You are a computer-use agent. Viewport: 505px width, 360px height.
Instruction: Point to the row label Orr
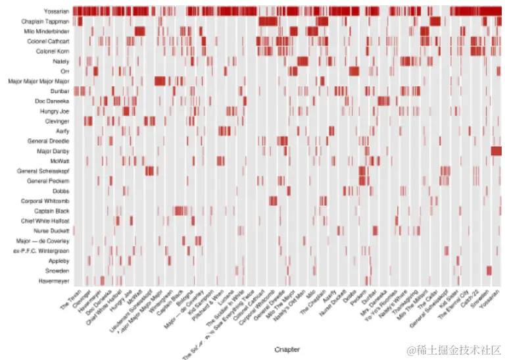click(64, 72)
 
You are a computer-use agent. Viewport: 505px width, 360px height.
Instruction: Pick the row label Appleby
click(59, 261)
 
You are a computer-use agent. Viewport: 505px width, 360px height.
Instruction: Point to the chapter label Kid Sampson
click(201, 304)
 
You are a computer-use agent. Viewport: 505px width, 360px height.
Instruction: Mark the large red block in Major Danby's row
click(496, 151)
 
